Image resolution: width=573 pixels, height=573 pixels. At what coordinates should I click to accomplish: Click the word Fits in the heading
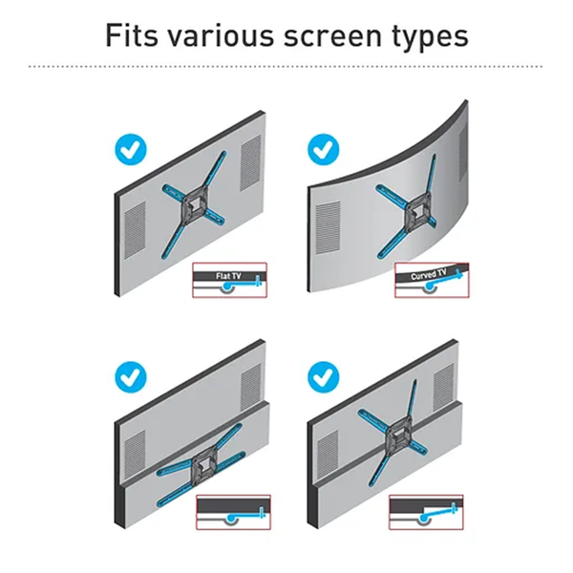point(132,35)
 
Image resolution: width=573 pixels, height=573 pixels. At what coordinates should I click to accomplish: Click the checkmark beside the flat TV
point(131,150)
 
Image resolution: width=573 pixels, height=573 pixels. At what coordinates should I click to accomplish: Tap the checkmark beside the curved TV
point(324,150)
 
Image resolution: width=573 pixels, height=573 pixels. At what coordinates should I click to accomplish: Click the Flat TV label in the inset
point(228,276)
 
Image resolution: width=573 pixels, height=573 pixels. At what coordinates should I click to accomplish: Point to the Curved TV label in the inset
point(428,274)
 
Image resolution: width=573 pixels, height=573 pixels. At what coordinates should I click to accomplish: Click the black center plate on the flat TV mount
point(195,205)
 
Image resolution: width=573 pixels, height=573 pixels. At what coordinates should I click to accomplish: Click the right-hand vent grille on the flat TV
point(250,162)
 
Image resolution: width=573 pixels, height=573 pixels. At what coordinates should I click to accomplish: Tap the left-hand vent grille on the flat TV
point(135,230)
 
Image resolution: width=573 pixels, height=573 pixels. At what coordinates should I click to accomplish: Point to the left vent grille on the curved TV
point(328,228)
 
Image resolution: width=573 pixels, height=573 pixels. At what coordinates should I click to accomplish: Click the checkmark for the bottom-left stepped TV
point(131,377)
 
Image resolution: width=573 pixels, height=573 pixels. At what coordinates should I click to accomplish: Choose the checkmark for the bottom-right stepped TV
point(324,377)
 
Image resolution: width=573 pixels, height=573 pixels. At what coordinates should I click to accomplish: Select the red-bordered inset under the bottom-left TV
point(234,512)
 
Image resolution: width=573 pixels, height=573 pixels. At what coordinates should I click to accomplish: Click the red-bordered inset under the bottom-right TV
point(426,512)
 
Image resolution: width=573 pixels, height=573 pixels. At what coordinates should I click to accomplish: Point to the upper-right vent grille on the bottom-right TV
point(444,388)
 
